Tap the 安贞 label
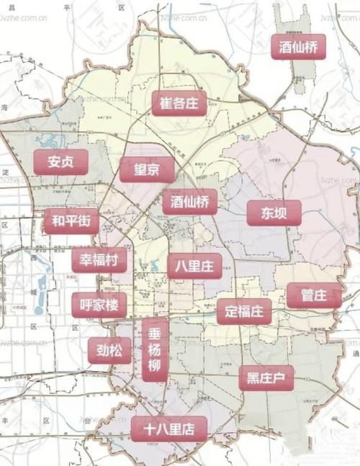[61, 162]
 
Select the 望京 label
[147, 171]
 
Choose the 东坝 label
[274, 212]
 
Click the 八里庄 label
[194, 266]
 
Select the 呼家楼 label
[99, 305]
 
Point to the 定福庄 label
[243, 312]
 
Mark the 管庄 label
[314, 295]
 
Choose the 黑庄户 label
[266, 377]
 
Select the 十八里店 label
[169, 429]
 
